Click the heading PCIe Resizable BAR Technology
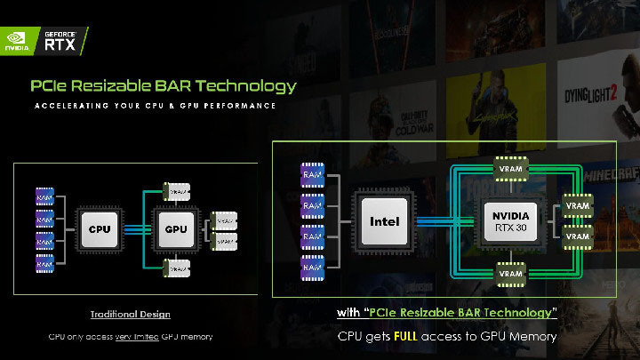pos(163,86)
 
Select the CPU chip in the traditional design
pos(100,228)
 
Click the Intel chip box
pos(385,221)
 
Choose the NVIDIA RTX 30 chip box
pos(510,221)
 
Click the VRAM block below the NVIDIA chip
pos(510,275)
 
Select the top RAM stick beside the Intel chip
pos(312,175)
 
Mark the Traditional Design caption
pos(130,315)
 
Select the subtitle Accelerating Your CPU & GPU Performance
pos(155,106)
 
